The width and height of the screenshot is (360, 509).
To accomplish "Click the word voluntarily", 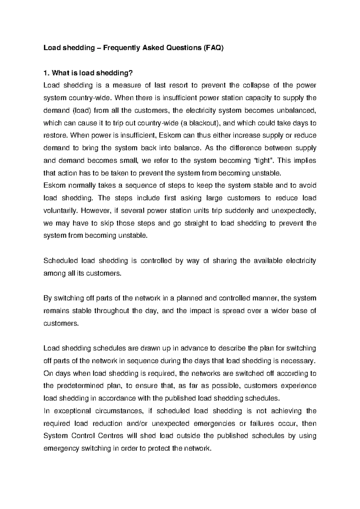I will pos(61,210).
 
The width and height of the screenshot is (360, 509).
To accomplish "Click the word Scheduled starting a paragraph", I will pos(61,261).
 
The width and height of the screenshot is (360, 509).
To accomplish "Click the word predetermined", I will pos(79,386).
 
